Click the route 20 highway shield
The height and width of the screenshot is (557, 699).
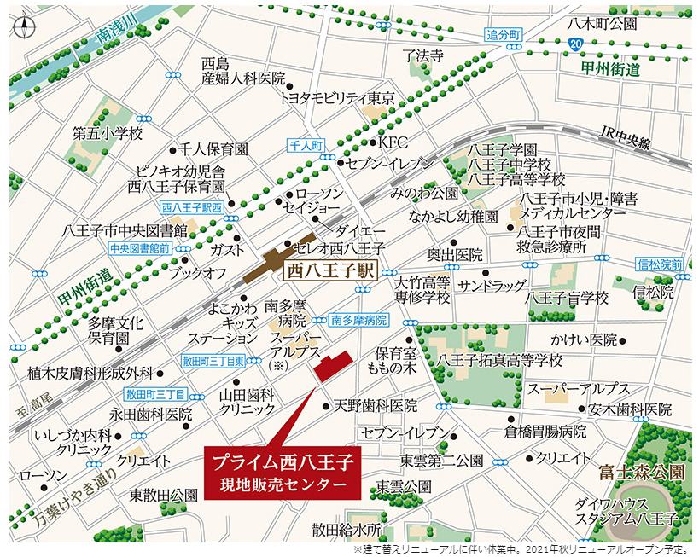(578, 43)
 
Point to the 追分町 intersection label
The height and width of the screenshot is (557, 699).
(504, 34)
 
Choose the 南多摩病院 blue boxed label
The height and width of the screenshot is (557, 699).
(359, 320)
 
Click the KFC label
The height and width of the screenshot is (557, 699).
(394, 142)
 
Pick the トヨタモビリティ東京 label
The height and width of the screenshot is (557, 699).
(336, 98)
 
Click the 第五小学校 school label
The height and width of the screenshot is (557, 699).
(108, 134)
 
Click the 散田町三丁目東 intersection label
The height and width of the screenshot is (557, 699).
(213, 361)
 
